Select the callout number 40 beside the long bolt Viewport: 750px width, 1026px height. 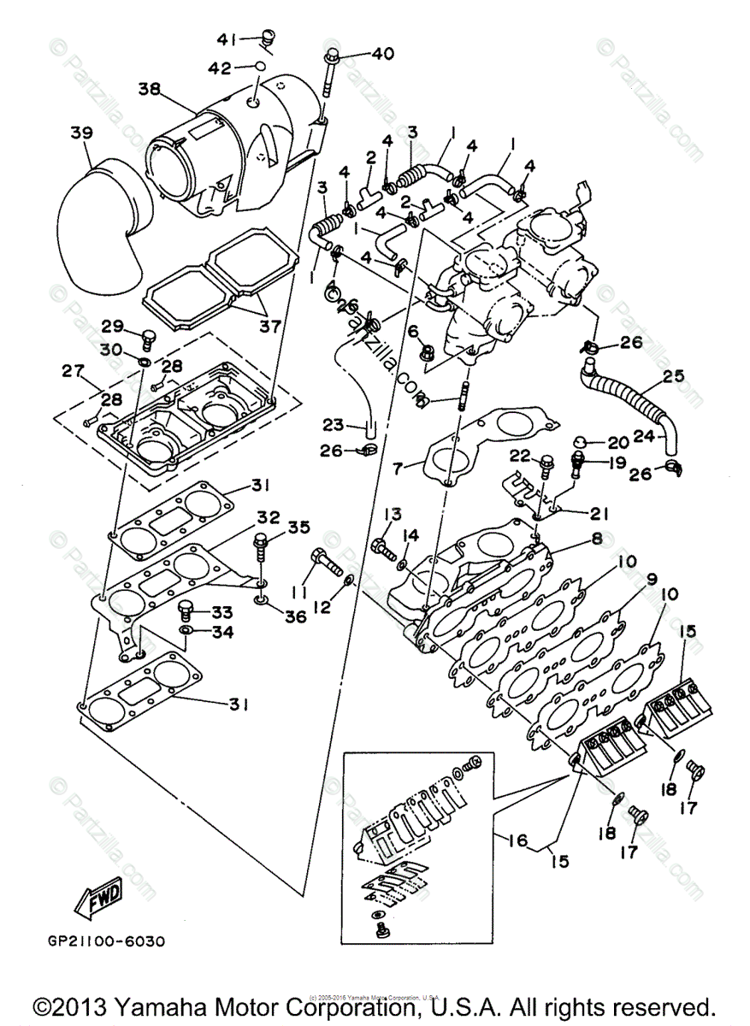[x=381, y=54]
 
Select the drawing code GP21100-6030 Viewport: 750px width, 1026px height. [x=106, y=941]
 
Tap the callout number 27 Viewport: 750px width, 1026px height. [x=71, y=371]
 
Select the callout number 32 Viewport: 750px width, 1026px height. [x=268, y=518]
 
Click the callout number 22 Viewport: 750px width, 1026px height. [x=521, y=455]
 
